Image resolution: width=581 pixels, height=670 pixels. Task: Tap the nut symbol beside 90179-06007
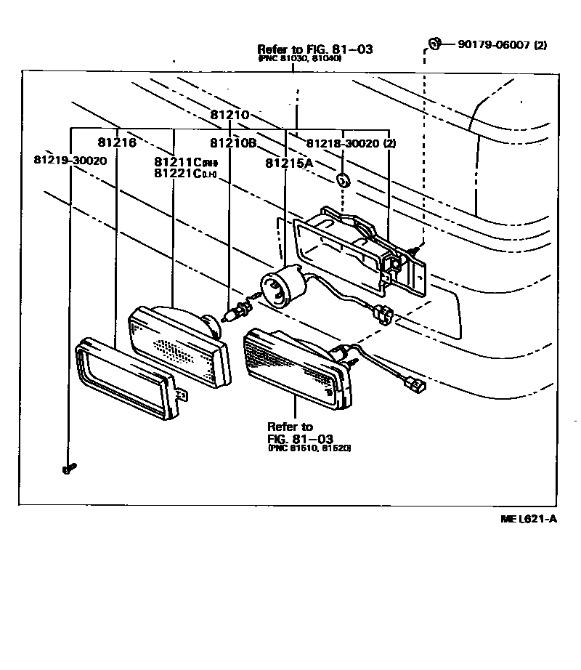434,43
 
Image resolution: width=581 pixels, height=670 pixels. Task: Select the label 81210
230,115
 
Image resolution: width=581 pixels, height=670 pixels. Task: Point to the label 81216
117,142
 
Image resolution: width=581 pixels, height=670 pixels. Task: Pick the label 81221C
179,173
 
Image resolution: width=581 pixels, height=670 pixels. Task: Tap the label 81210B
233,142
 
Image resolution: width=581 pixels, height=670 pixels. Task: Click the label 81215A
289,164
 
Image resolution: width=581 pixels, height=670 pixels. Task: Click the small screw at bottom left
69,469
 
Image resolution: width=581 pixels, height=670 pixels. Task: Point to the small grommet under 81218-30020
344,179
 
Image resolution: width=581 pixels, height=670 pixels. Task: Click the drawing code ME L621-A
528,519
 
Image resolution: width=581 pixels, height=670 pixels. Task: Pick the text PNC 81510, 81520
309,449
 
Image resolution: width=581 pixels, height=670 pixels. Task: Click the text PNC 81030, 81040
299,58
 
